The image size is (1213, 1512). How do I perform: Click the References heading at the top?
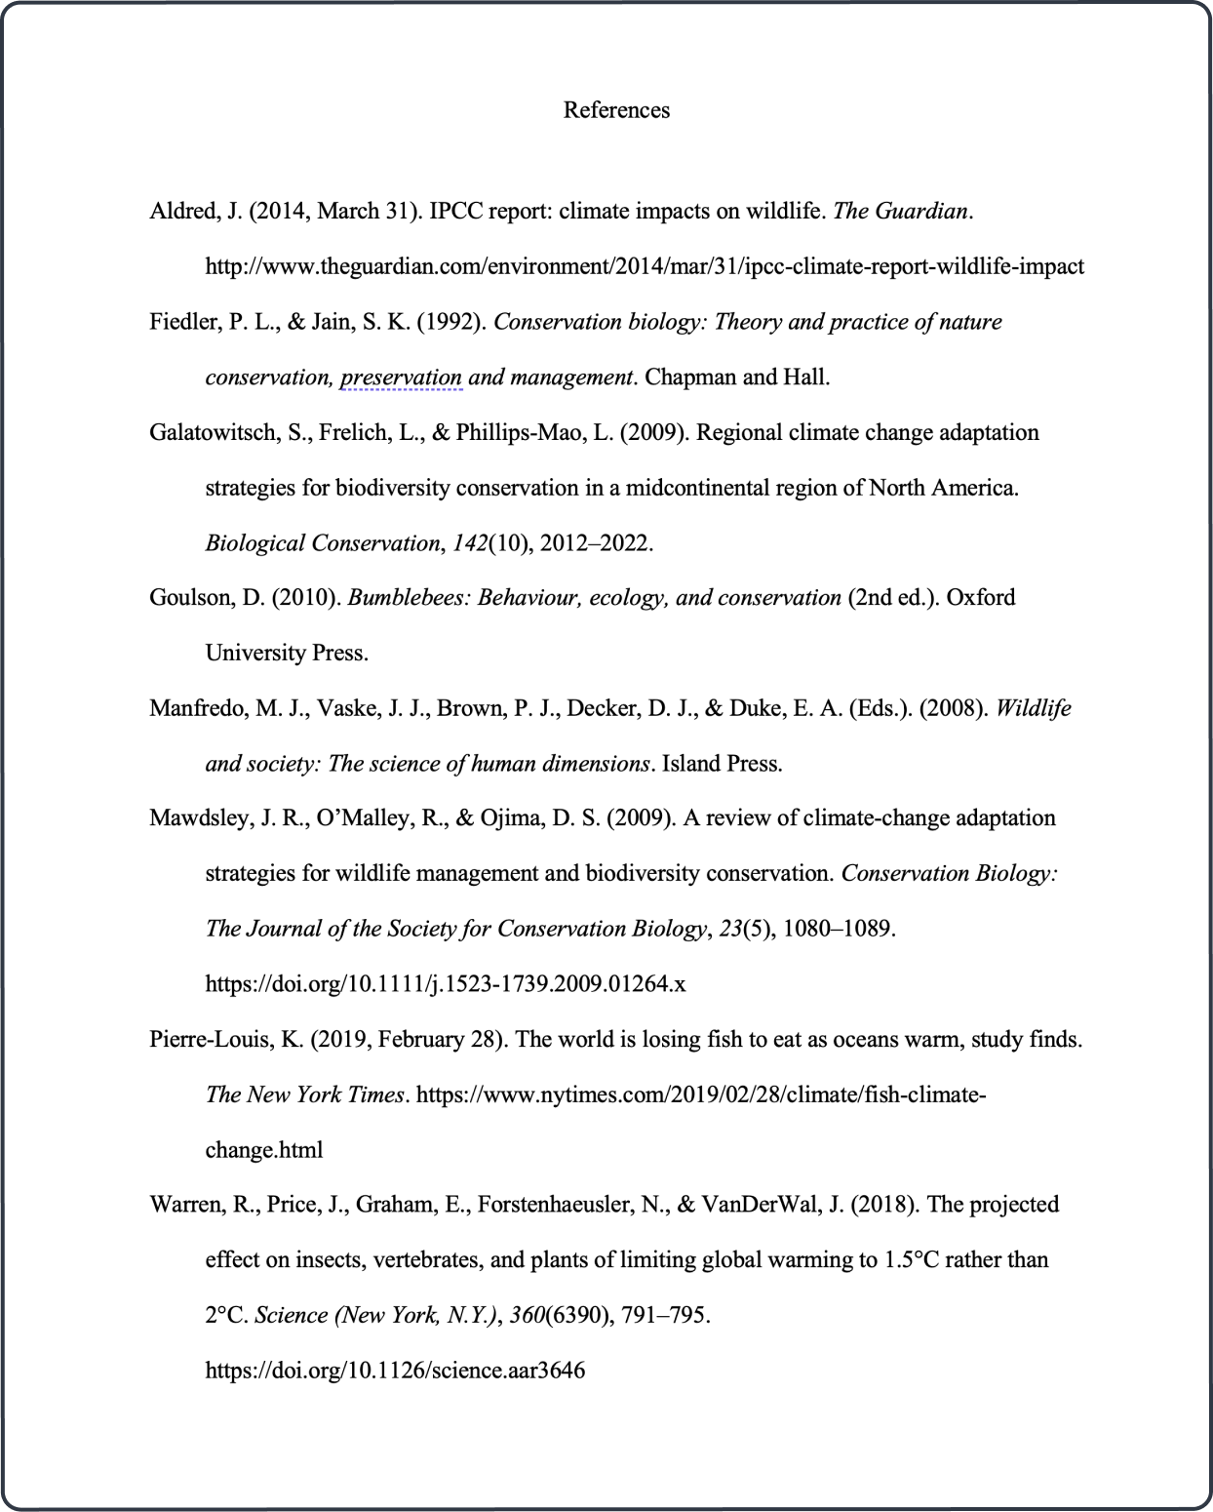point(616,110)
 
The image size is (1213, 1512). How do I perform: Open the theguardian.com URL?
point(644,266)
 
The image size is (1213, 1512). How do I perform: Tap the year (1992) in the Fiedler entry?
point(451,322)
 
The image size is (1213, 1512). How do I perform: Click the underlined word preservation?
point(401,378)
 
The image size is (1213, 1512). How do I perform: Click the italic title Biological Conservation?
point(322,543)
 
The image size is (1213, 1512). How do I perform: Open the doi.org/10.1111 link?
point(445,983)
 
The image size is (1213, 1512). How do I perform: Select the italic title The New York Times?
point(304,1094)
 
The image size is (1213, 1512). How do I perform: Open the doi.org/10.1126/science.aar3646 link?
point(395,1371)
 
